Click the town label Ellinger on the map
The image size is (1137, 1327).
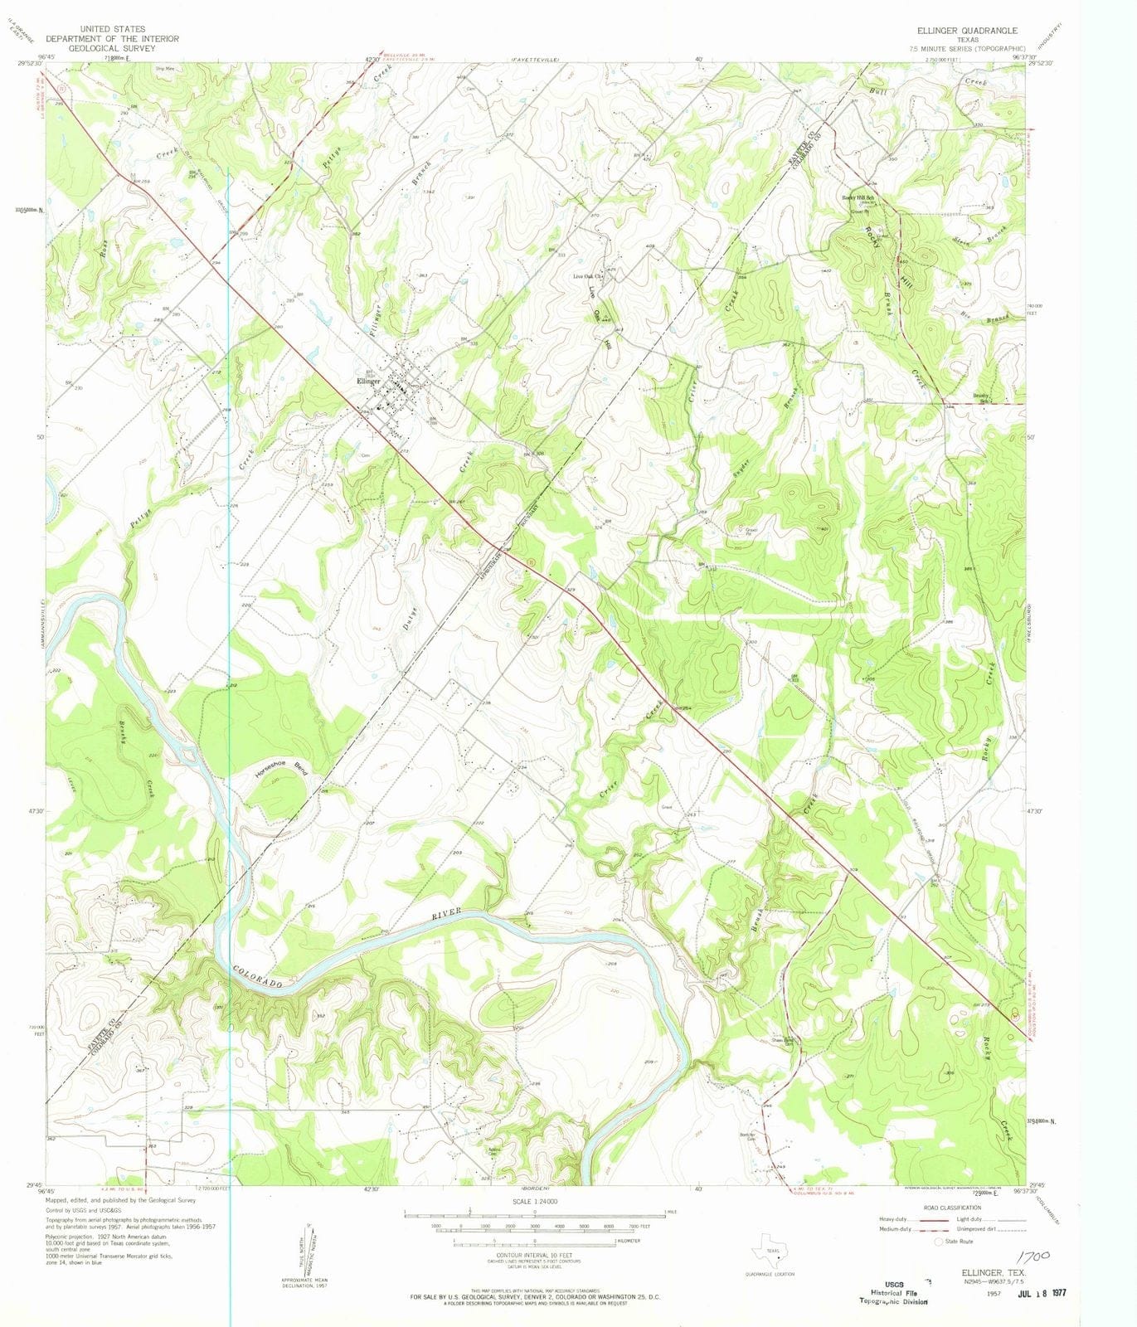[368, 382]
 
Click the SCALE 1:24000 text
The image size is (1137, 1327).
[534, 1201]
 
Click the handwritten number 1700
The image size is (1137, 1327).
[1031, 1257]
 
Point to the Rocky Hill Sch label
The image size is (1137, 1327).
[858, 197]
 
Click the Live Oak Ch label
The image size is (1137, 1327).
[586, 277]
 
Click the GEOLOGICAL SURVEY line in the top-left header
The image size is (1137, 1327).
[112, 48]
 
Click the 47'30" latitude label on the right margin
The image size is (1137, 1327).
[1039, 811]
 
